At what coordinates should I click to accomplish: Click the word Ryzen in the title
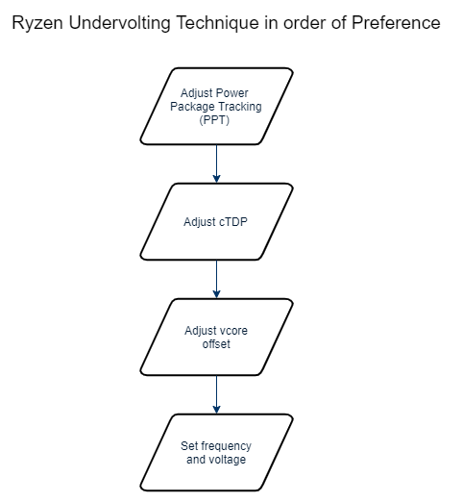pyautogui.click(x=37, y=24)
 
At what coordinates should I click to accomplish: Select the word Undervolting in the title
pyautogui.click(x=120, y=24)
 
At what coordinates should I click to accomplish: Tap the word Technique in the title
pyautogui.click(x=218, y=24)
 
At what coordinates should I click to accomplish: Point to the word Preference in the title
pyautogui.click(x=396, y=23)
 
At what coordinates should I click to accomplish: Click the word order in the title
pyautogui.click(x=304, y=23)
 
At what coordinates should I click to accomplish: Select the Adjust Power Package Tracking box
pyautogui.click(x=216, y=106)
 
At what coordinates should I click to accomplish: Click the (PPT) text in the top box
pyautogui.click(x=214, y=120)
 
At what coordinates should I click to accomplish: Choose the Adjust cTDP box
pyautogui.click(x=216, y=221)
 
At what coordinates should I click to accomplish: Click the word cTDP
pyautogui.click(x=233, y=222)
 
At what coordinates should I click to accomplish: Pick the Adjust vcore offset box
pyautogui.click(x=216, y=337)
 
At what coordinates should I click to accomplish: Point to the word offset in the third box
pyautogui.click(x=216, y=344)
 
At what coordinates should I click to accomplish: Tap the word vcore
pyautogui.click(x=233, y=331)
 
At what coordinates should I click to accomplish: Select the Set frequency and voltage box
pyautogui.click(x=216, y=452)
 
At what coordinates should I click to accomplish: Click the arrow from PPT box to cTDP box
pyautogui.click(x=216, y=163)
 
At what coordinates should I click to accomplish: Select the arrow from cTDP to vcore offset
pyautogui.click(x=216, y=279)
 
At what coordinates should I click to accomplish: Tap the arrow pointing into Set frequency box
pyautogui.click(x=216, y=394)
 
